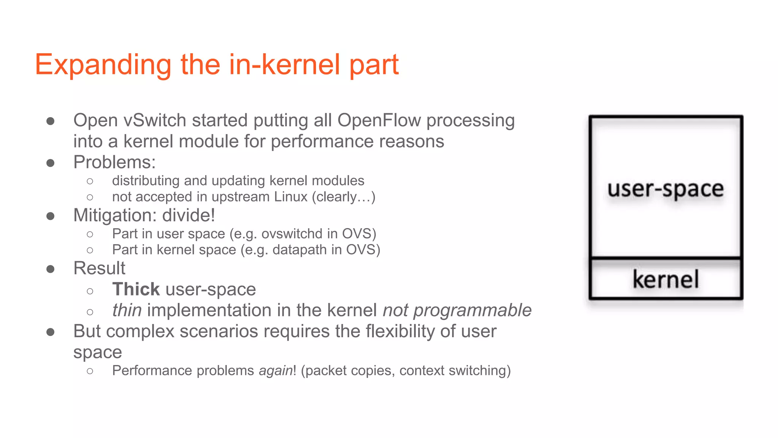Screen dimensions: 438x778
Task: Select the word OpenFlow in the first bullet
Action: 379,120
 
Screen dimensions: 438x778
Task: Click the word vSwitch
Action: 155,120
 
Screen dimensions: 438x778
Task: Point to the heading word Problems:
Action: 114,162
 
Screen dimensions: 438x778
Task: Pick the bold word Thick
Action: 136,289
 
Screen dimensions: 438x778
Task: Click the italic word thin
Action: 127,310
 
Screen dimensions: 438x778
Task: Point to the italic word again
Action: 275,370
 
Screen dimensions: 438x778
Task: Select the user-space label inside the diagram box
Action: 665,189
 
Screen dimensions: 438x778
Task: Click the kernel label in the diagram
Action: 665,279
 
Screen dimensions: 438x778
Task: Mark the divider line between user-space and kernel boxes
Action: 665,259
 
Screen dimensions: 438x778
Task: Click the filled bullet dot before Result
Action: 50,269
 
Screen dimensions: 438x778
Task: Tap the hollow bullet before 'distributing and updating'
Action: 90,181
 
